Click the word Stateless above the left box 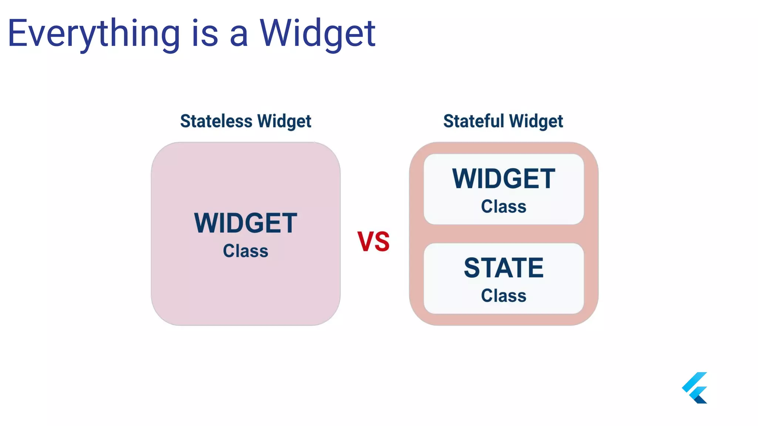tap(216, 121)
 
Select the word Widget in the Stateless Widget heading tap(284, 122)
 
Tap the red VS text tap(373, 241)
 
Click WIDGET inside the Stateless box tap(245, 223)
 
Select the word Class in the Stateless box tap(245, 251)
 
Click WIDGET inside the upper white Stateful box tap(503, 179)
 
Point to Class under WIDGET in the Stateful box tap(503, 206)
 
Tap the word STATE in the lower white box tap(503, 268)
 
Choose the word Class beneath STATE tap(503, 295)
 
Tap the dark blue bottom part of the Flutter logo tap(701, 399)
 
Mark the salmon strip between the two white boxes tap(503, 234)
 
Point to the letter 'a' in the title tap(238, 36)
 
